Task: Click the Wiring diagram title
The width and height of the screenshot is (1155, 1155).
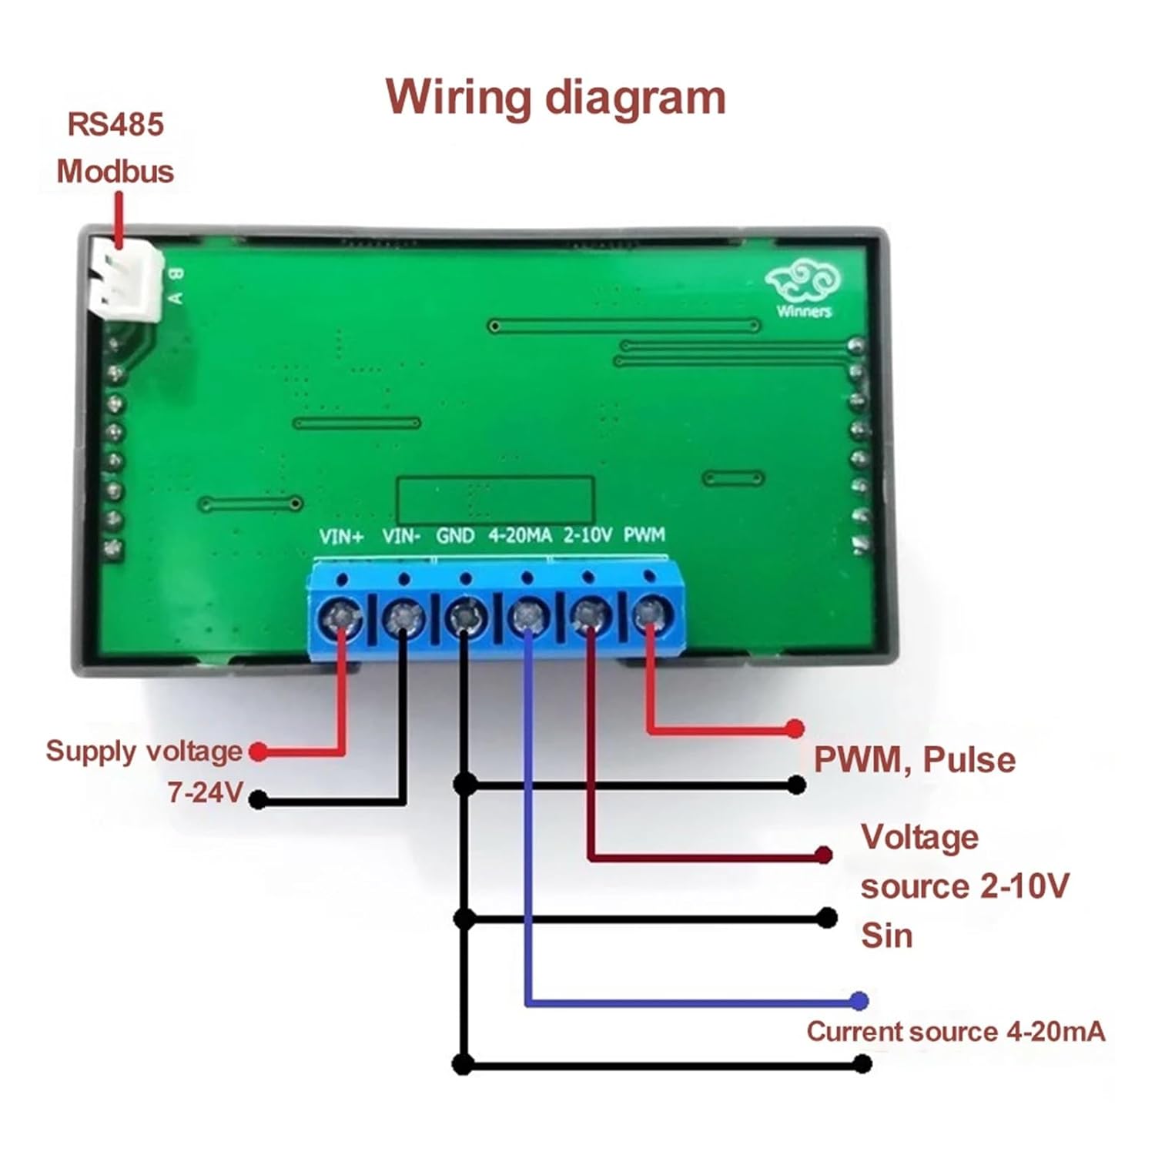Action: coord(555,98)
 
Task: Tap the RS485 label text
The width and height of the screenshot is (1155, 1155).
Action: coord(115,125)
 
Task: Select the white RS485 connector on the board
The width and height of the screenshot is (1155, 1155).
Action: coord(126,280)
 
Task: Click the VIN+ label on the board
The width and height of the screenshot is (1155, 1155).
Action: coord(341,536)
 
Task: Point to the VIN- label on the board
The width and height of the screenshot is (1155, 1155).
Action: coord(401,536)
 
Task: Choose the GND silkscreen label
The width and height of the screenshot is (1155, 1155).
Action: coord(455,536)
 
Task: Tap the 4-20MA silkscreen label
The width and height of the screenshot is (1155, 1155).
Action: coord(521,535)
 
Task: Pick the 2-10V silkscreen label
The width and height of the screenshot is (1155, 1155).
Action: coord(588,535)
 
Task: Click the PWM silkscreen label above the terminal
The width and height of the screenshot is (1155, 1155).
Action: coord(644,534)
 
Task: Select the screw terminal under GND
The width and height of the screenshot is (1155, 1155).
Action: coord(465,616)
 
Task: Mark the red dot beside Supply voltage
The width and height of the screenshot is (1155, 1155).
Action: coord(259,752)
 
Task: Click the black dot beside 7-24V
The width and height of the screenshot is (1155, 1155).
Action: coord(259,800)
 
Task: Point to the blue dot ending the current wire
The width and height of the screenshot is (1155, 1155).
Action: coord(859,1001)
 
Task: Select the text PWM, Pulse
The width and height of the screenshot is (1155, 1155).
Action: coord(915,760)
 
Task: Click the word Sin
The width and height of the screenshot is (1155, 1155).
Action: coord(886,936)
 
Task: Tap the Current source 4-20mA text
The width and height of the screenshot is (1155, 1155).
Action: coord(956,1032)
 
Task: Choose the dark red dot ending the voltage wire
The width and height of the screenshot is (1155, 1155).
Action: coord(824,855)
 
